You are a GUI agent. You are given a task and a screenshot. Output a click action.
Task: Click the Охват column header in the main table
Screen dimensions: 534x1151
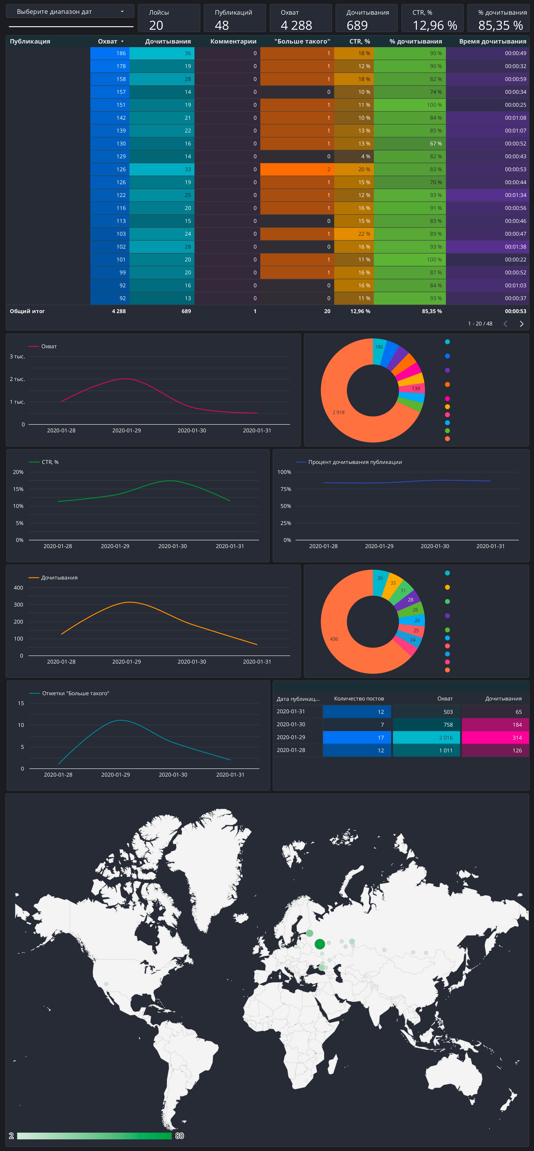click(108, 41)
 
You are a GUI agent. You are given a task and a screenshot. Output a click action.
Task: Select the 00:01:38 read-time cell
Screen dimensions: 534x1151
click(487, 247)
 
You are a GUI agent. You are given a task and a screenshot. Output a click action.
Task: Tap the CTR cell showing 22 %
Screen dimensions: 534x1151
click(353, 234)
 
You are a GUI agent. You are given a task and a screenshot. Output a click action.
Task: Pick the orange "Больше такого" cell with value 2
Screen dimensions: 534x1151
click(297, 169)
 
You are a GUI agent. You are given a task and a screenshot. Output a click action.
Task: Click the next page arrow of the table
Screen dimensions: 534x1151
click(521, 324)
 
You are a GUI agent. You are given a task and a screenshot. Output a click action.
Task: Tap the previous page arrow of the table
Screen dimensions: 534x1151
click(505, 324)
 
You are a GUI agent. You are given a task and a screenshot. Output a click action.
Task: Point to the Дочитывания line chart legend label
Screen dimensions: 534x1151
click(60, 578)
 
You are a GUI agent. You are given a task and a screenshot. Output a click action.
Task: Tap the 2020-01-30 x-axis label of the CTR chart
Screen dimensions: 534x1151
click(173, 546)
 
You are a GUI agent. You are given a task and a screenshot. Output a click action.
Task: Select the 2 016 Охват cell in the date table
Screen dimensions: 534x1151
click(426, 737)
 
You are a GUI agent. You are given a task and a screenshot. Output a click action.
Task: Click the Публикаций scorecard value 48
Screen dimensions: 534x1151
click(222, 25)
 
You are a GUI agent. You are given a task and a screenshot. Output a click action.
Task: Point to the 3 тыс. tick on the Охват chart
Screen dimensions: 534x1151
click(17, 357)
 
